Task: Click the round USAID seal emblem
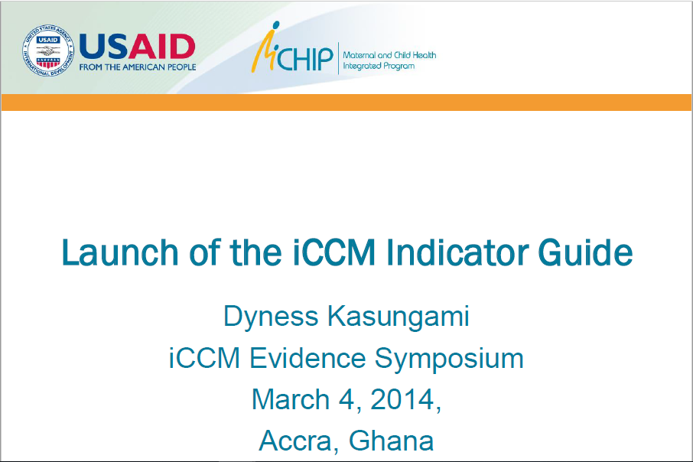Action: [x=48, y=51]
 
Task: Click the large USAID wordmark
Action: [x=138, y=46]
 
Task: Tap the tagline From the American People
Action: [x=138, y=67]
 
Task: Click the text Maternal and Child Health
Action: [x=389, y=55]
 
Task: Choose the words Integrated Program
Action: [x=379, y=67]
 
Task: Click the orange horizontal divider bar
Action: [x=346, y=102]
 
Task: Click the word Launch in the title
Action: [x=115, y=253]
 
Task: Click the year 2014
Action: [x=403, y=399]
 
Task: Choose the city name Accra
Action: [x=298, y=441]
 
